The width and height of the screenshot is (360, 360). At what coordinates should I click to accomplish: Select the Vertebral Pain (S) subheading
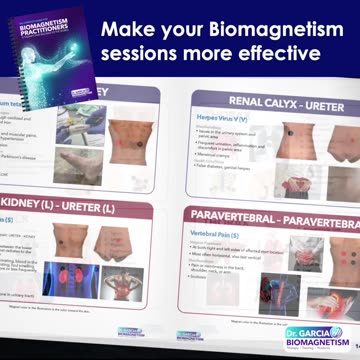211,233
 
